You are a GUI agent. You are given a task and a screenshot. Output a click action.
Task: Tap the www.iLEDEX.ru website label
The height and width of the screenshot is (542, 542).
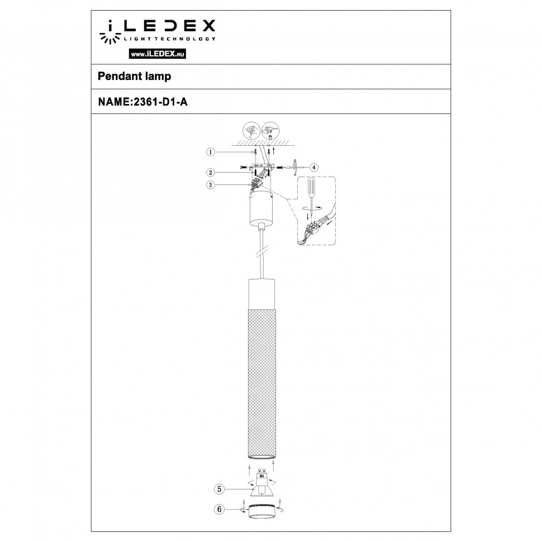[x=158, y=54]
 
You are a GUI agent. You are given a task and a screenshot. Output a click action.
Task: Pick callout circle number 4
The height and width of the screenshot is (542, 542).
[x=314, y=167]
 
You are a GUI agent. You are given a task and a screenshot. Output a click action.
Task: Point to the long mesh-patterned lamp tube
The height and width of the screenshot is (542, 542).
[x=261, y=380]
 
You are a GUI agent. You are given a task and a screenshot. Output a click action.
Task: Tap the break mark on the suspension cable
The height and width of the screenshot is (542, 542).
[x=261, y=255]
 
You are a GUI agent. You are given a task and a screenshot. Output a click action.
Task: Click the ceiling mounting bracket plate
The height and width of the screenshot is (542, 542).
[x=260, y=167]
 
